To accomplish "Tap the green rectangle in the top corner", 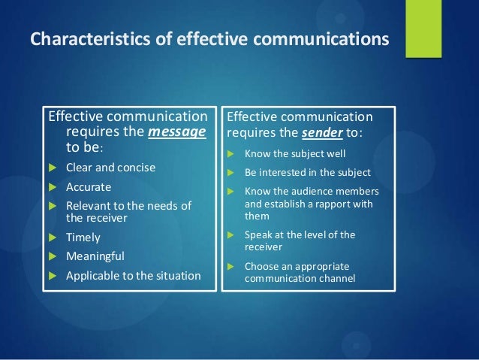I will (423, 29).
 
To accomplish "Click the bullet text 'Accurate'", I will (89, 187).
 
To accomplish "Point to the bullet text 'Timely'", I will (83, 237).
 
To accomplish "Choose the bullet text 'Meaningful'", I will (95, 256).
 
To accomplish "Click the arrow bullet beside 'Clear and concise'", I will (52, 168).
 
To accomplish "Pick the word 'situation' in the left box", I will (176, 275).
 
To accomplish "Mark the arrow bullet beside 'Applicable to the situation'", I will (52, 276).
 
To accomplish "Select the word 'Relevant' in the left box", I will (89, 206).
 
